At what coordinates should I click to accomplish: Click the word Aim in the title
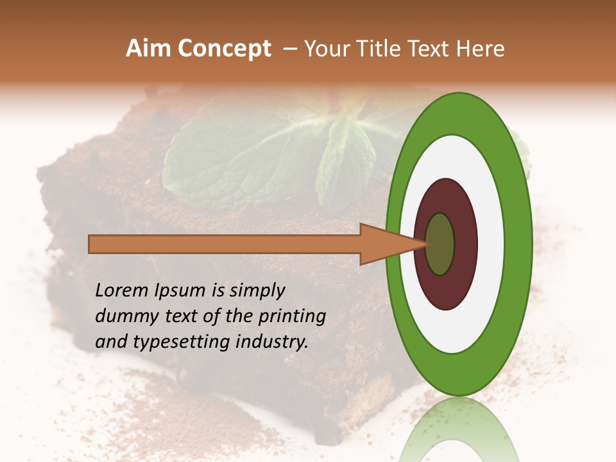click(148, 49)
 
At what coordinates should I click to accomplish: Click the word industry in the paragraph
click(271, 343)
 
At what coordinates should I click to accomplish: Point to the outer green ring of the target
click(521, 244)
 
